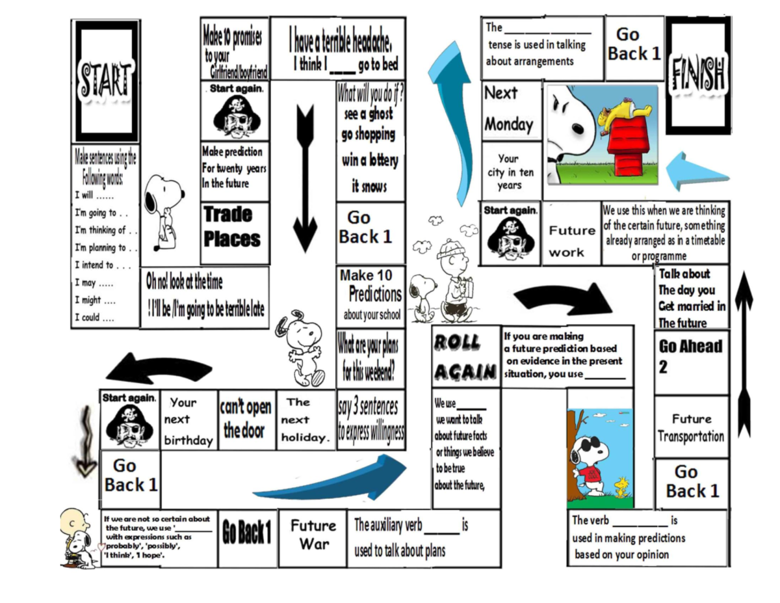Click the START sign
click(x=105, y=81)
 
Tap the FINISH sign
click(x=698, y=75)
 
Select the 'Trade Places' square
click(x=235, y=233)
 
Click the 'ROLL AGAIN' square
click(x=466, y=356)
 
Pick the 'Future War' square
click(x=313, y=538)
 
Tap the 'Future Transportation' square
click(x=692, y=427)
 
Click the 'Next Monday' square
click(x=511, y=110)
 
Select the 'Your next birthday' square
click(x=188, y=420)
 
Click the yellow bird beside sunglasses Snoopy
click(x=621, y=487)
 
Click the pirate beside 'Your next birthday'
click(x=130, y=426)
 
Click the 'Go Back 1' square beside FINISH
click(x=634, y=45)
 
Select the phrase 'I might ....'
click(x=95, y=301)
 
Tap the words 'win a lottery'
click(x=370, y=160)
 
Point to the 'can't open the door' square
click(x=247, y=420)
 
